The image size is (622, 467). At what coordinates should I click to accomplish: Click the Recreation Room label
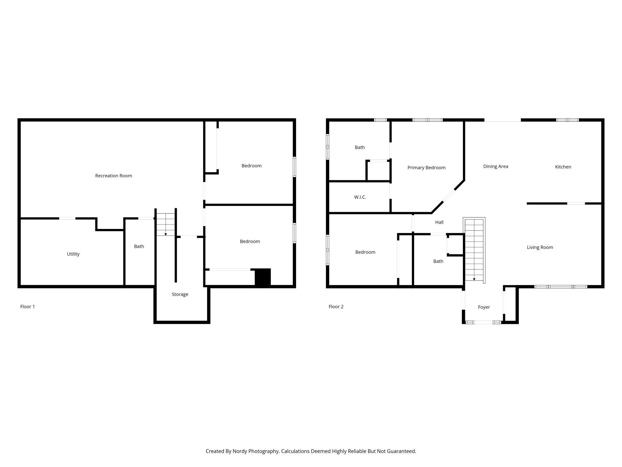click(x=114, y=176)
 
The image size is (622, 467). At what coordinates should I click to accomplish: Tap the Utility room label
click(x=73, y=254)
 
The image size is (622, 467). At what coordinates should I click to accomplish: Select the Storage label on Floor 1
click(x=180, y=295)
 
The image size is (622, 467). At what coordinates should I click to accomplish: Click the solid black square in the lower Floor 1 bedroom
click(x=263, y=277)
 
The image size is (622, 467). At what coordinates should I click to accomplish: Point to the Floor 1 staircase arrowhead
click(x=166, y=234)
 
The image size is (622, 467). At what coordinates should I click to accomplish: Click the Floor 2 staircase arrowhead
click(x=474, y=279)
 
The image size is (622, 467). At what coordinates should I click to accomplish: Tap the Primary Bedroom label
click(x=426, y=168)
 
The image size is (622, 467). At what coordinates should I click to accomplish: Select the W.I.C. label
click(x=360, y=197)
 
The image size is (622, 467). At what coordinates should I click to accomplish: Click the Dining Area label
click(x=496, y=166)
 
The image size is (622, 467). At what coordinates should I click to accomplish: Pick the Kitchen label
click(x=563, y=167)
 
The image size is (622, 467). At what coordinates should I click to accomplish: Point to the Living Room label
click(x=540, y=248)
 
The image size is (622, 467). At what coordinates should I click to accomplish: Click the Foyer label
click(x=484, y=307)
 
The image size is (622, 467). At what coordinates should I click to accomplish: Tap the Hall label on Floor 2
click(x=439, y=222)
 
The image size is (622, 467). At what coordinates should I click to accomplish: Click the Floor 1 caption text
click(x=28, y=307)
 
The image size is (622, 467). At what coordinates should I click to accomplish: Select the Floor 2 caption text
click(x=336, y=307)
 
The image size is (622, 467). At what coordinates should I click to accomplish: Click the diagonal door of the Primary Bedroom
click(x=449, y=196)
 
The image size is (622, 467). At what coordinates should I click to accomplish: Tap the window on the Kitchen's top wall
click(x=567, y=120)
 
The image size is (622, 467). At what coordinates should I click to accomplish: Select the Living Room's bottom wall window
click(x=561, y=287)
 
